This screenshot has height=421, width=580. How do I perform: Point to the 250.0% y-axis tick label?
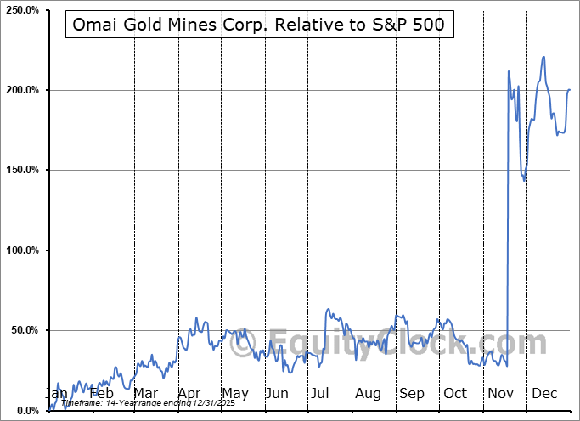[x=21, y=10]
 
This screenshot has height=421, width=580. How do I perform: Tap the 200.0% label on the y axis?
[x=21, y=90]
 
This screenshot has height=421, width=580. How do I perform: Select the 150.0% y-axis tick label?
[x=21, y=170]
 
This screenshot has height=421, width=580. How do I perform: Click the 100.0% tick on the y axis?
[x=21, y=250]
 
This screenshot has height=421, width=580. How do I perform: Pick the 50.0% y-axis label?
[x=23, y=330]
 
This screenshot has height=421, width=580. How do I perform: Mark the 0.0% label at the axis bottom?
[x=25, y=411]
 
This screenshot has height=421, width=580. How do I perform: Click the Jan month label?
[x=56, y=394]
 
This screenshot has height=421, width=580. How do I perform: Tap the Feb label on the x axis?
[x=101, y=394]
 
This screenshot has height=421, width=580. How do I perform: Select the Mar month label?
[x=145, y=394]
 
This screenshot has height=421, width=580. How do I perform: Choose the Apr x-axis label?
[x=189, y=394]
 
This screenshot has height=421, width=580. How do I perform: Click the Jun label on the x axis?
[x=277, y=394]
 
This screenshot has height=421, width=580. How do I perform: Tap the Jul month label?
[x=320, y=394]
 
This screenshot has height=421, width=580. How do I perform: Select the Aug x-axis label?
[x=368, y=394]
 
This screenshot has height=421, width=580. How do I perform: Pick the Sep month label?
[x=411, y=394]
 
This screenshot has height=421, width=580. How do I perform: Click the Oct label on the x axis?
[x=455, y=394]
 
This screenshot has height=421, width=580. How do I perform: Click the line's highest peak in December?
[x=543, y=57]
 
